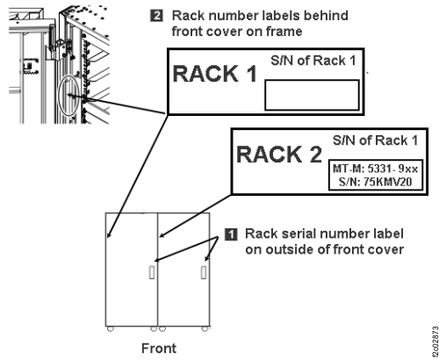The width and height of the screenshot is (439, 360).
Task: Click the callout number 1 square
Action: (231, 234)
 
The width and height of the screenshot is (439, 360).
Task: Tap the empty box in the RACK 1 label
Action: (312, 94)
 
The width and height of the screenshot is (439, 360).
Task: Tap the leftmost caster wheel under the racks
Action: (110, 330)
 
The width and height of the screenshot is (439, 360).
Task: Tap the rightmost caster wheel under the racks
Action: (207, 330)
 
